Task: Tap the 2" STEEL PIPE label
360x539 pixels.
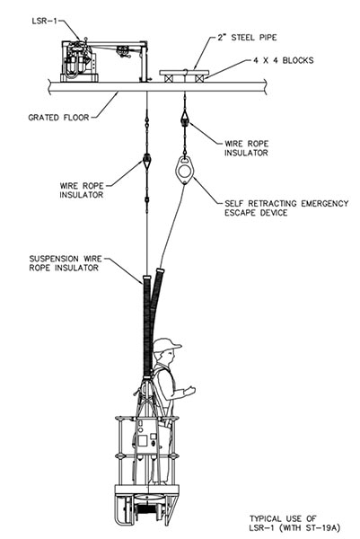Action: pyautogui.click(x=247, y=37)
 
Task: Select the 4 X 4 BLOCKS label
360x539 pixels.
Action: pyautogui.click(x=284, y=60)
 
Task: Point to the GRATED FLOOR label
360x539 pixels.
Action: pyautogui.click(x=58, y=118)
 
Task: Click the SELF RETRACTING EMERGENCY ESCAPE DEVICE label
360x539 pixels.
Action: pyautogui.click(x=286, y=208)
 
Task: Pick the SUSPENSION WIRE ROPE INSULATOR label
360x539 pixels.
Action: pyautogui.click(x=66, y=263)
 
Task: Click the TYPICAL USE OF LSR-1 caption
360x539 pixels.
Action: pyautogui.click(x=294, y=523)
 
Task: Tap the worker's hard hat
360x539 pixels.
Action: pyautogui.click(x=166, y=345)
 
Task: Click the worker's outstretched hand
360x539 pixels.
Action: pyautogui.click(x=189, y=390)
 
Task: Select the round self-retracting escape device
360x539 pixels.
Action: pyautogui.click(x=185, y=170)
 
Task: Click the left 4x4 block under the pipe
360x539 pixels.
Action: pyautogui.click(x=168, y=78)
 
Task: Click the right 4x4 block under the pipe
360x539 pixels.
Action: pyautogui.click(x=199, y=78)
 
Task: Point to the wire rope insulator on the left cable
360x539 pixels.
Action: pyautogui.click(x=147, y=161)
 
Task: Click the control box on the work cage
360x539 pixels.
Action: pyautogui.click(x=147, y=437)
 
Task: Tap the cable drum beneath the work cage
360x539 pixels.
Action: pyautogui.click(x=148, y=509)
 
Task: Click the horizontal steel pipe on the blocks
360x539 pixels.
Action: pyautogui.click(x=184, y=73)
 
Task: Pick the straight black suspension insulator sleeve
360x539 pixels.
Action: pyautogui.click(x=147, y=326)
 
